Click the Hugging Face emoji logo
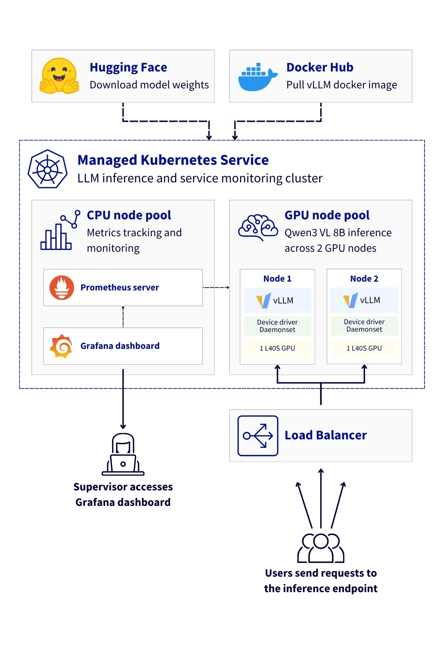pyautogui.click(x=59, y=76)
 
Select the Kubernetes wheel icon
pyautogui.click(x=48, y=169)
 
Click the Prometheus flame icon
pyautogui.click(x=62, y=288)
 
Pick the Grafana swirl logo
pyautogui.click(x=61, y=346)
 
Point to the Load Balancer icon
pyautogui.click(x=258, y=436)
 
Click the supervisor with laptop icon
pyautogui.click(x=123, y=454)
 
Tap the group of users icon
pyautogui.click(x=321, y=548)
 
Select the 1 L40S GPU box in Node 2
pyautogui.click(x=364, y=348)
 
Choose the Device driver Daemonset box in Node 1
pyautogui.click(x=277, y=326)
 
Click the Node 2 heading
pyautogui.click(x=364, y=279)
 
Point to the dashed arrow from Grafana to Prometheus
pyautogui.click(x=123, y=317)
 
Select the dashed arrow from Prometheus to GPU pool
pyautogui.click(x=216, y=288)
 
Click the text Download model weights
pyautogui.click(x=149, y=85)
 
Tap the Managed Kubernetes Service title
pyautogui.click(x=173, y=160)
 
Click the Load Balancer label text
pyautogui.click(x=326, y=435)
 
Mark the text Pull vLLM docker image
pyautogui.click(x=341, y=85)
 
